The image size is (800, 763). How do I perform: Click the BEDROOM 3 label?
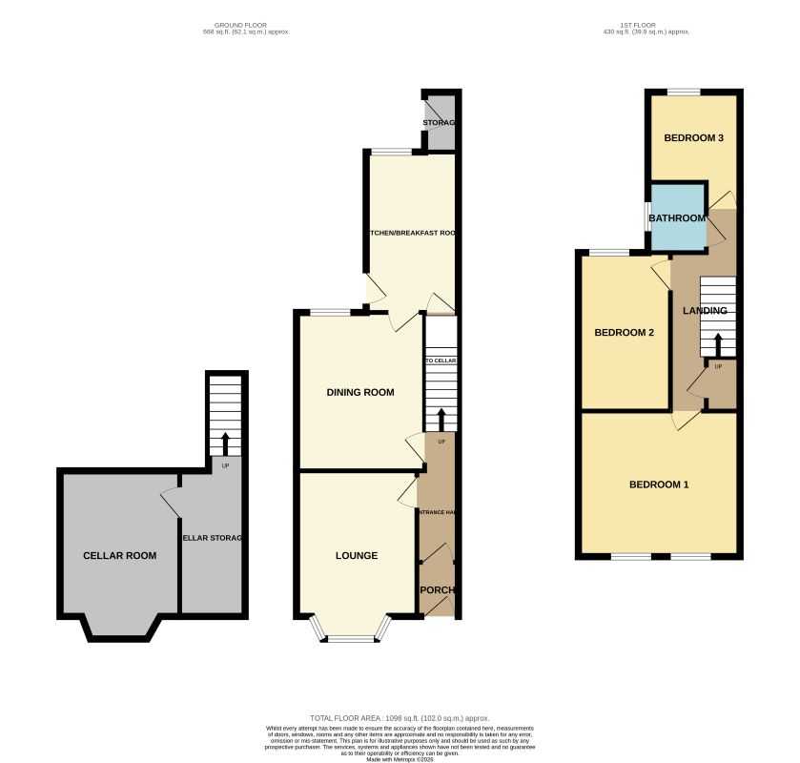[x=693, y=138]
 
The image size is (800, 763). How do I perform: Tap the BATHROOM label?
[x=677, y=218]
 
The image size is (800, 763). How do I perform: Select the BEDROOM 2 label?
[x=624, y=333]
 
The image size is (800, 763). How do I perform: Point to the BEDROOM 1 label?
[x=658, y=485]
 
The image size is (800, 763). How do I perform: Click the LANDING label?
[x=705, y=311]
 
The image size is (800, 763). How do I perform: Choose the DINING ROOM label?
[x=359, y=392]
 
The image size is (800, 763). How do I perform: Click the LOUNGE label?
[x=356, y=555]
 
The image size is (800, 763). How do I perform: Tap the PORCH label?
[x=438, y=589]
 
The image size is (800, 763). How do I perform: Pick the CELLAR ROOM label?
[x=119, y=555]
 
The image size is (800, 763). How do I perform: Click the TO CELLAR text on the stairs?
[x=441, y=361]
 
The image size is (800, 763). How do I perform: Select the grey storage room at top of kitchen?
[x=440, y=123]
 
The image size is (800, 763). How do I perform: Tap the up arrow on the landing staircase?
[x=718, y=342]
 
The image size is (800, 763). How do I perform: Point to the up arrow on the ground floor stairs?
[x=441, y=418]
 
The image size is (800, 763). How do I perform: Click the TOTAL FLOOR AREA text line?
[x=400, y=717]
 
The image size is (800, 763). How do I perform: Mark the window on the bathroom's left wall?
[x=646, y=217]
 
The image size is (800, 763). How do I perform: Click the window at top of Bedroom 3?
[x=683, y=92]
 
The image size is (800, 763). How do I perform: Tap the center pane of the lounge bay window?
[x=352, y=638]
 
